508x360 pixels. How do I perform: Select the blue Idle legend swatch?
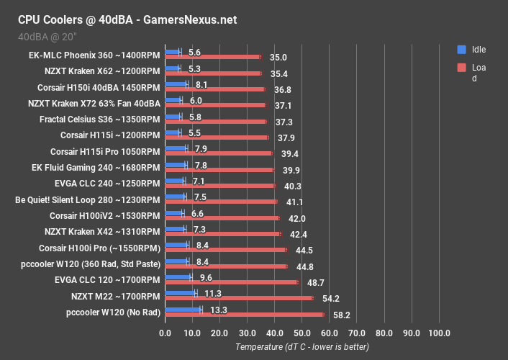(x=461, y=50)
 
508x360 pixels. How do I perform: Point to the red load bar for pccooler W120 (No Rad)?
(x=245, y=315)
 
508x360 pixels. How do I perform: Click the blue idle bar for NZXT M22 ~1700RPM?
(x=181, y=292)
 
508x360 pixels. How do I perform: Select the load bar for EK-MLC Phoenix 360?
(x=213, y=56)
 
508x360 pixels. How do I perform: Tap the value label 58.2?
(x=341, y=315)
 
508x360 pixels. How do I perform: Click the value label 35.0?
(x=278, y=57)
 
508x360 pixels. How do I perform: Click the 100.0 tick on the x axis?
(x=439, y=333)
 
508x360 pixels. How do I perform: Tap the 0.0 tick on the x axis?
(x=165, y=333)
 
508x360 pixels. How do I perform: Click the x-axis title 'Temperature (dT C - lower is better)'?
(x=302, y=347)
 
